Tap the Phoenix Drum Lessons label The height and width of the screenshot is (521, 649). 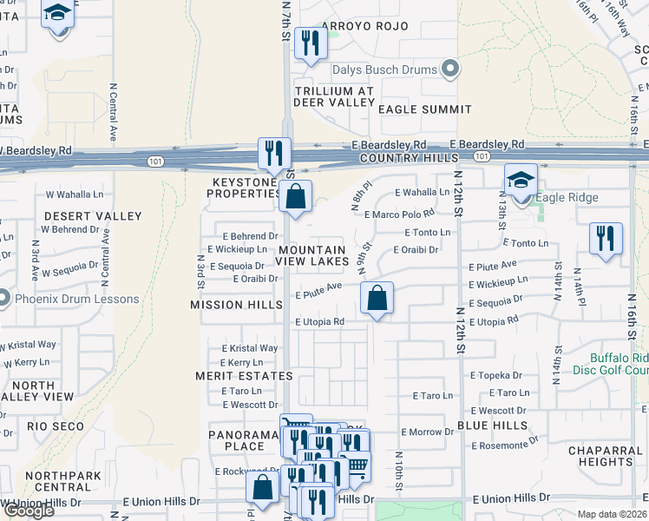[75, 300]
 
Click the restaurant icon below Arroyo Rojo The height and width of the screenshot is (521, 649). [307, 43]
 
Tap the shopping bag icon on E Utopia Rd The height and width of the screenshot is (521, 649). [377, 299]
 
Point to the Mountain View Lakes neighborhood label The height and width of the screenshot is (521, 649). [313, 255]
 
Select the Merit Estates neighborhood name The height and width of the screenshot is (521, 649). [244, 376]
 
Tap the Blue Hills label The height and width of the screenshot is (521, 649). [492, 425]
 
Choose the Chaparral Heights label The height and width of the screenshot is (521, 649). [606, 456]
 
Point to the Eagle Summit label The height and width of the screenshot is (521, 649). [424, 109]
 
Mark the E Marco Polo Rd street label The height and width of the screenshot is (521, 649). [398, 214]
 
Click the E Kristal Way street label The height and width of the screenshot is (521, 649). [249, 348]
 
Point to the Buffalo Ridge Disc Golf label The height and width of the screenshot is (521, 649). [618, 364]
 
